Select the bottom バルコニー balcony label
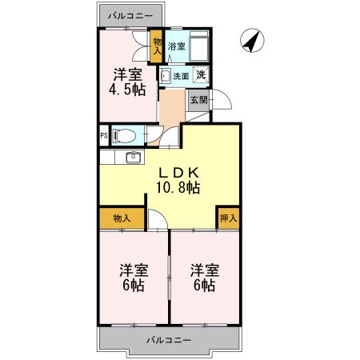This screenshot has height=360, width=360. coord(168,341)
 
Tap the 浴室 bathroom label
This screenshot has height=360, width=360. coord(176,46)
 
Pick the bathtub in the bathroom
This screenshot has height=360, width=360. coord(200,46)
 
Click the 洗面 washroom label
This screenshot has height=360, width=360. coord(181,77)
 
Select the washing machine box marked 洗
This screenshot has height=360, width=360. coord(202,76)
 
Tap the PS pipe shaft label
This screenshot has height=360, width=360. coord(103,135)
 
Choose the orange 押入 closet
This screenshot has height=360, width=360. coord(227,217)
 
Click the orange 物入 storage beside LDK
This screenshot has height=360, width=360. coord(122,217)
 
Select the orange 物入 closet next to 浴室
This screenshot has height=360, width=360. coord(158,47)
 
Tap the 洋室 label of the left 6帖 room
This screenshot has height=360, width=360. coord(132,270)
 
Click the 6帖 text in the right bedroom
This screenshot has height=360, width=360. coord(203,285)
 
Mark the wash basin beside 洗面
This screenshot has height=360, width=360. coord(165,77)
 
